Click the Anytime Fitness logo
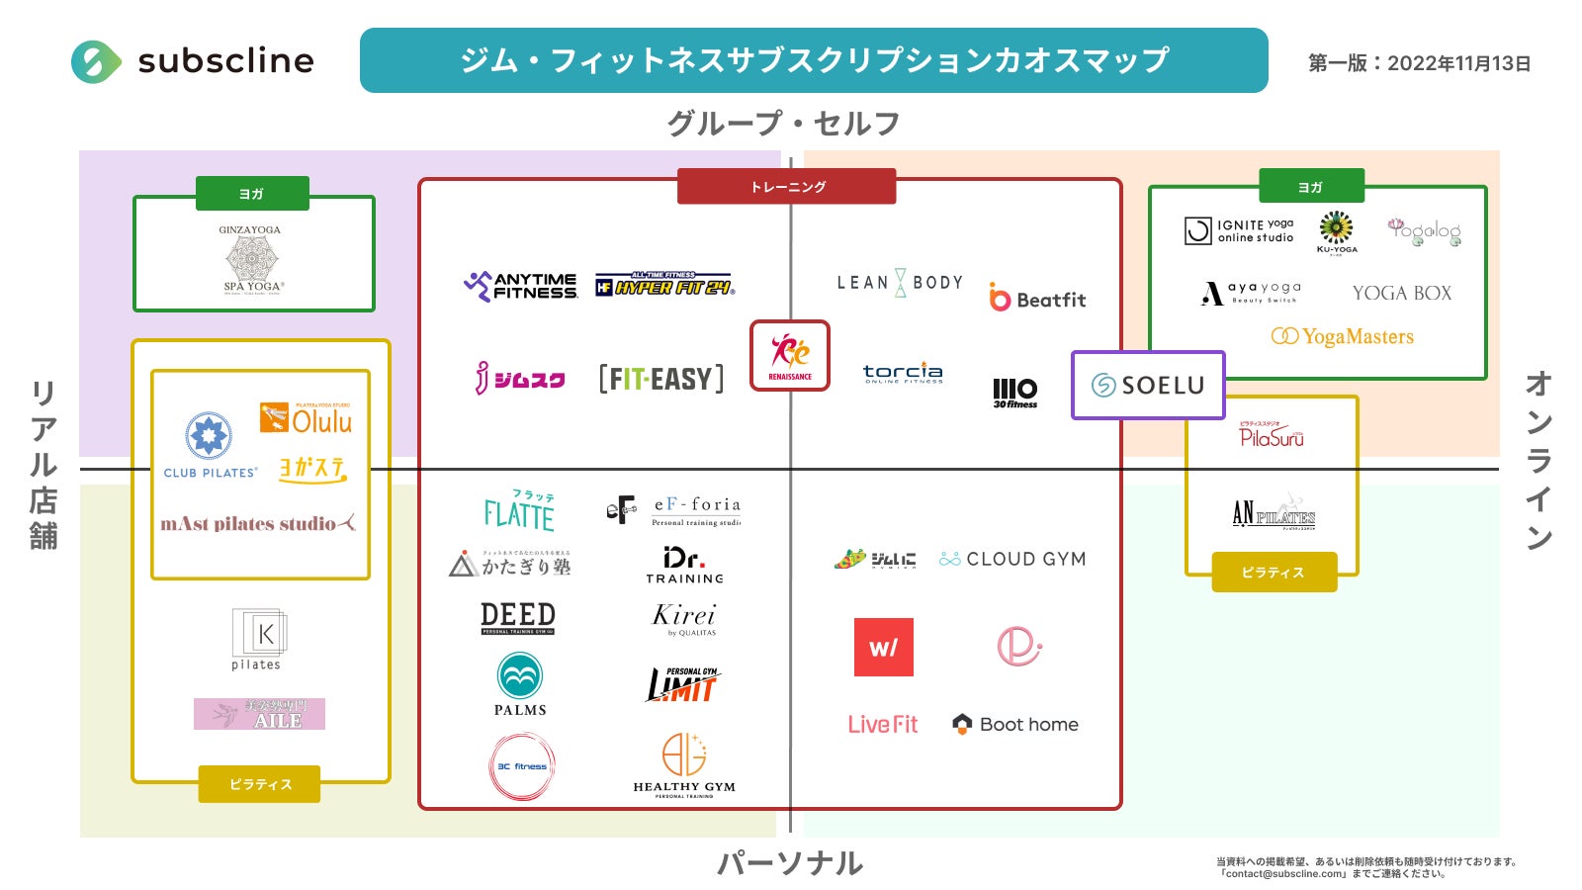click(521, 286)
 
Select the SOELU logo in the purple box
click(1148, 385)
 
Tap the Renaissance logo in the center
click(790, 356)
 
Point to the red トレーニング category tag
click(787, 186)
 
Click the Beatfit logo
click(1037, 299)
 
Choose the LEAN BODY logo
click(900, 283)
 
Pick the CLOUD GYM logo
click(1012, 559)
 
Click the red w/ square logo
click(883, 647)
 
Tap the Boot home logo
click(1015, 724)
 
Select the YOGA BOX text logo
click(1402, 293)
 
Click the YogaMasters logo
click(1343, 336)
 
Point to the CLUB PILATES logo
click(210, 445)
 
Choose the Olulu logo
click(307, 418)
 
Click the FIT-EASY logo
click(661, 379)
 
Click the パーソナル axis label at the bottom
click(790, 863)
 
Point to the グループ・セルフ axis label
click(784, 124)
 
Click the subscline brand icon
click(96, 61)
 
